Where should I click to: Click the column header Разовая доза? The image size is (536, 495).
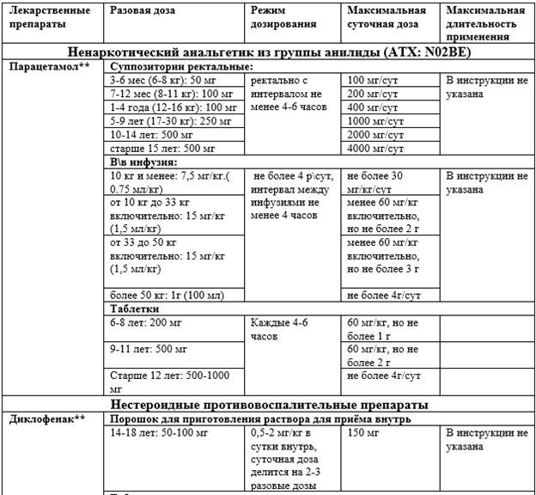tap(143, 10)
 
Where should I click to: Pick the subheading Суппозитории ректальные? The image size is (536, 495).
tap(181, 66)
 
